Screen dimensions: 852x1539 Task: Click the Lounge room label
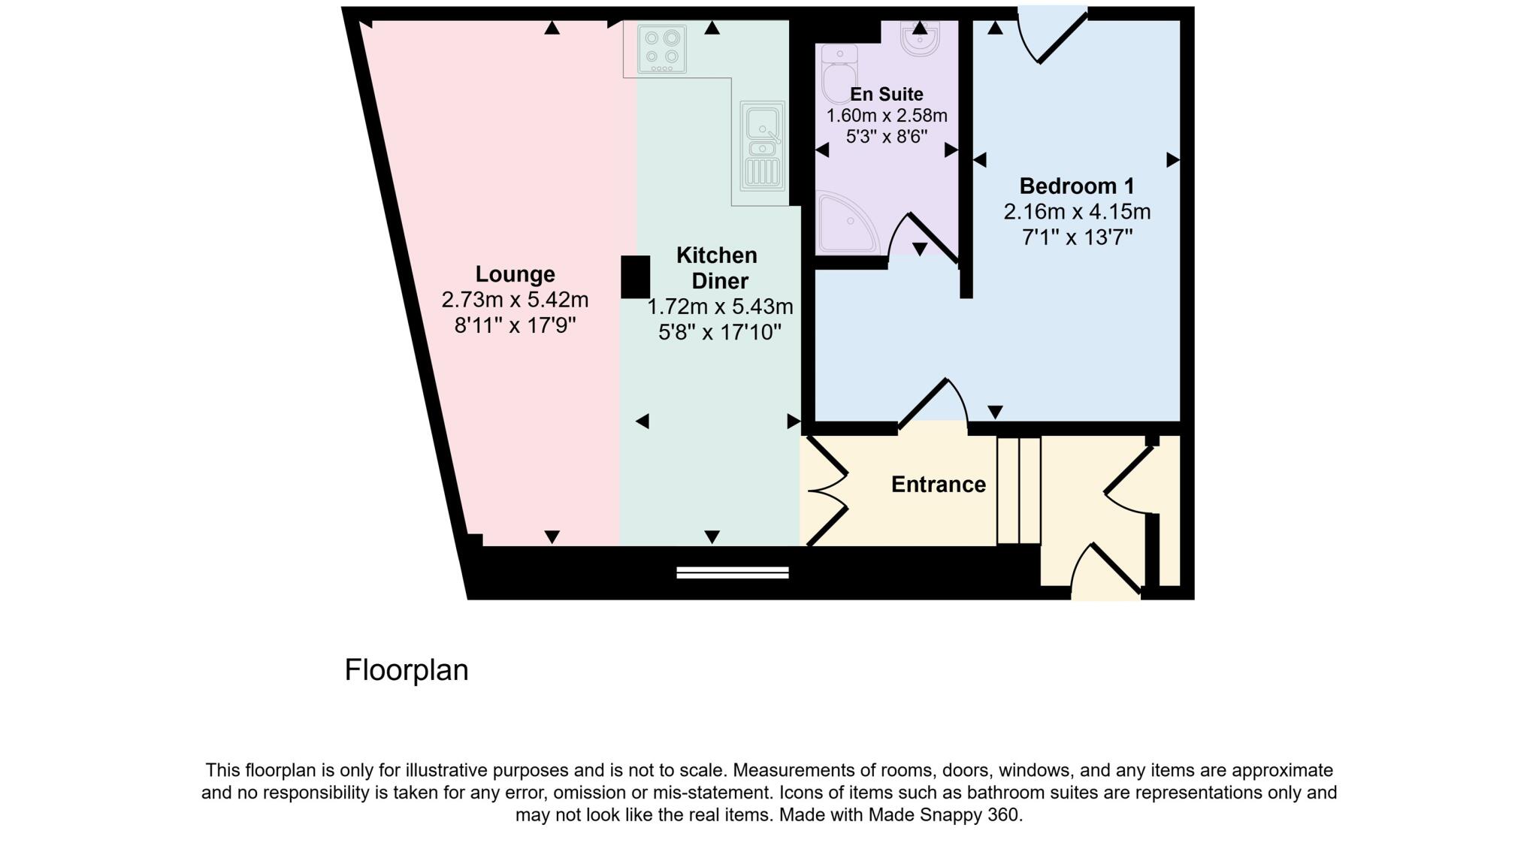coord(515,274)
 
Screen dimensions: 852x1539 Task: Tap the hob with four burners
coord(661,50)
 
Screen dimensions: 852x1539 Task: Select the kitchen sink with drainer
coord(762,146)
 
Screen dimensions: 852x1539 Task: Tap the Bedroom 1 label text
coord(1076,186)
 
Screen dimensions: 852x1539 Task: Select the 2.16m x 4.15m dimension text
coord(1076,213)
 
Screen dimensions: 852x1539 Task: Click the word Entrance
coord(938,485)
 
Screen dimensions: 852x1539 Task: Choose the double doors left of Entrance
coord(827,491)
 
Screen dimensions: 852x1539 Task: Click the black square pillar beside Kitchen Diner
coord(635,277)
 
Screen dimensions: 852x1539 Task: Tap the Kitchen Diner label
coord(717,268)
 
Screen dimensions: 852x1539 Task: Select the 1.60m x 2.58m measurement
coord(887,116)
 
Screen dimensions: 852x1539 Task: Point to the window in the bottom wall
coord(732,573)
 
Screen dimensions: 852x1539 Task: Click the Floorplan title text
coord(406,670)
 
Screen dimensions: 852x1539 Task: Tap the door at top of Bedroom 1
coord(1052,35)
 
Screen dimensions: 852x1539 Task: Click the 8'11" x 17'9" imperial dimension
coord(515,326)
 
